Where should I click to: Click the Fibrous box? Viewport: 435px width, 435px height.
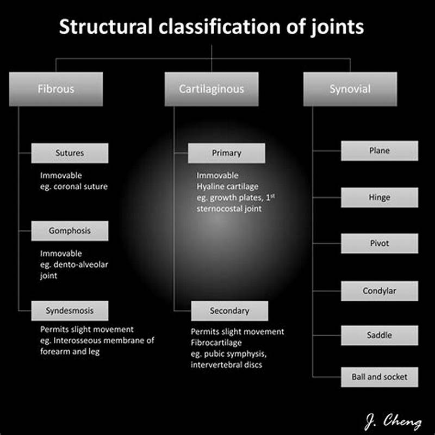pos(55,89)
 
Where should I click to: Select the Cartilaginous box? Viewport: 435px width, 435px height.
pos(211,89)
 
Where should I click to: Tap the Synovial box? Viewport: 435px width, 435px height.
pos(350,89)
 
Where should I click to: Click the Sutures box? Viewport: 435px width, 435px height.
pos(70,153)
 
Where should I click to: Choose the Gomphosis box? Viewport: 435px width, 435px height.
pos(70,231)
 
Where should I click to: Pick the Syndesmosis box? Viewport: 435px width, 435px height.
pos(70,310)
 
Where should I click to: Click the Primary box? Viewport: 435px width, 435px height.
pos(226,153)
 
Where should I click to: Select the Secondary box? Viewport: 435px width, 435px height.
pos(229,311)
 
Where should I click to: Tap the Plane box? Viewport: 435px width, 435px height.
pos(379,151)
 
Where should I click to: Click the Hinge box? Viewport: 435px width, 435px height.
pos(379,197)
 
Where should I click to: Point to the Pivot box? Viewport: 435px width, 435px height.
pos(379,244)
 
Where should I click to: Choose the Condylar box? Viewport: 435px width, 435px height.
pos(379,291)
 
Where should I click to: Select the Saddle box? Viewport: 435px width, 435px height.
pos(379,335)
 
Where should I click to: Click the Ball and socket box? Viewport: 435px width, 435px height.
pos(379,377)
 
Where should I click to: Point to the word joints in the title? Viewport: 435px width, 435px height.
pos(337,27)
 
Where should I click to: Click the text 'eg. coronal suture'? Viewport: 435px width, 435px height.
pos(74,187)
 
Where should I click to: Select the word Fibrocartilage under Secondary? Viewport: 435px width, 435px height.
pos(216,343)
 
